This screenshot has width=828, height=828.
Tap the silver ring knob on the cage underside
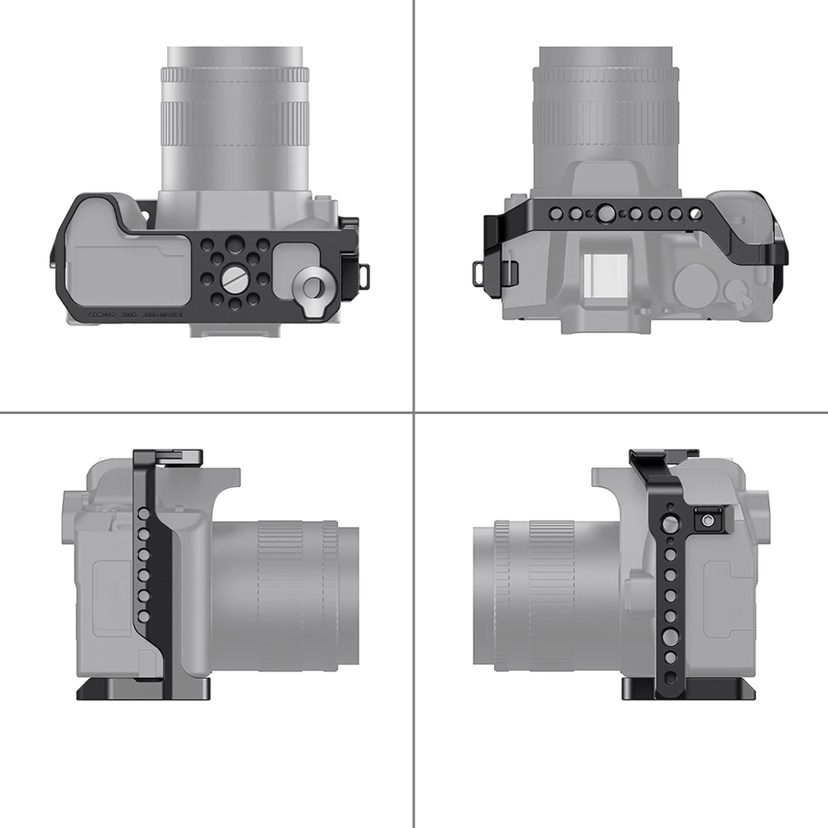(x=314, y=286)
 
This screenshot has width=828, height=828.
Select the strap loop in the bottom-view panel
(x=362, y=270)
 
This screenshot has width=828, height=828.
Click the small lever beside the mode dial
(x=734, y=290)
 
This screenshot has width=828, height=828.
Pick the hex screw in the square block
(x=708, y=520)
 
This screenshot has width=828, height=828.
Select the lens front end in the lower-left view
(x=348, y=595)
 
